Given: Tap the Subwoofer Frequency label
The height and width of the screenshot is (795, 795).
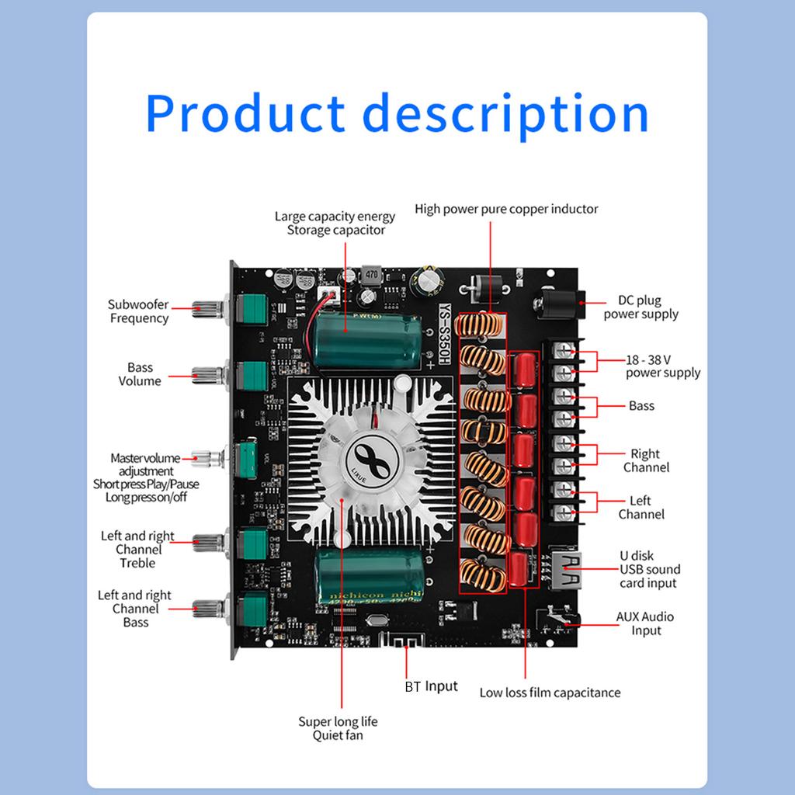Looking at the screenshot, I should (138, 311).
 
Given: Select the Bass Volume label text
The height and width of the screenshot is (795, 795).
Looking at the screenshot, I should (140, 374).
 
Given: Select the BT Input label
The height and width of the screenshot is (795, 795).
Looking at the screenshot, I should (431, 686).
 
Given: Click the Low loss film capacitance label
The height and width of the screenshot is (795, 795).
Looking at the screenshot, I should (550, 693).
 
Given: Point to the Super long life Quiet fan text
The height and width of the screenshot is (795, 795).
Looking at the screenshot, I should (338, 728).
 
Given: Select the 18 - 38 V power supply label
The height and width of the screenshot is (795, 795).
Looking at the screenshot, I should (662, 366).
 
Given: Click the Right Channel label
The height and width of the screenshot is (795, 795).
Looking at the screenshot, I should (645, 460).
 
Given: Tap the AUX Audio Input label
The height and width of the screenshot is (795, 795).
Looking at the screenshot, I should (645, 623).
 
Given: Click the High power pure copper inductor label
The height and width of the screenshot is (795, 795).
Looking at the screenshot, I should (506, 209).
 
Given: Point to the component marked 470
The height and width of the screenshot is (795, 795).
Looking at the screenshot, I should (371, 275).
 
